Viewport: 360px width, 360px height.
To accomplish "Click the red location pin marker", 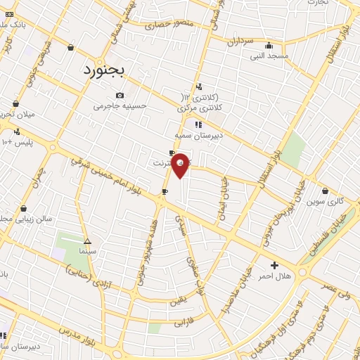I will click(x=180, y=165).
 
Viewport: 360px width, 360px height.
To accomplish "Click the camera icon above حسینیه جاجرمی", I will click(x=120, y=95).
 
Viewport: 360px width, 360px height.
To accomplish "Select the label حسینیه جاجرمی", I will click(x=120, y=106).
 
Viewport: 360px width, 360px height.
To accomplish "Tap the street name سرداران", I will click(x=239, y=41).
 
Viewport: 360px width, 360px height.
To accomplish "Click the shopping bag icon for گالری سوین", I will click(x=325, y=190).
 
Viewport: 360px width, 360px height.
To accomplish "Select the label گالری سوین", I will click(x=325, y=201).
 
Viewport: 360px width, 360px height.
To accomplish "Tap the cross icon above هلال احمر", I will click(x=274, y=265).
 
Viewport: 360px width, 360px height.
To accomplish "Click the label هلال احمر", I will click(x=274, y=276).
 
